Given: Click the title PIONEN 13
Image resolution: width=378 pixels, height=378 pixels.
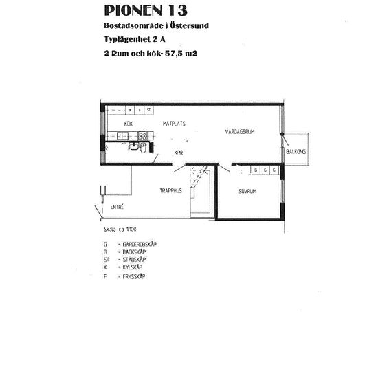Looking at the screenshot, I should coord(145,10).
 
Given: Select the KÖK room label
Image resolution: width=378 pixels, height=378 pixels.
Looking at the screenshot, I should coord(128,123).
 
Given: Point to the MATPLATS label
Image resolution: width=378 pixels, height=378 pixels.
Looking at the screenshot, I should coord(174,123).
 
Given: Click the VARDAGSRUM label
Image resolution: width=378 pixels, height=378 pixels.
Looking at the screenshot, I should coord(240,131).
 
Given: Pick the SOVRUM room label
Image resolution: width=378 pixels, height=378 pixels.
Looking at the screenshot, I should coord(247,191).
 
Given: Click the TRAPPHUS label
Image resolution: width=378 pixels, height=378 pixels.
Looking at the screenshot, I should coord(170,191).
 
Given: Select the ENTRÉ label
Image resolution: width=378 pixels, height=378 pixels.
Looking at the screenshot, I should coord(117,207).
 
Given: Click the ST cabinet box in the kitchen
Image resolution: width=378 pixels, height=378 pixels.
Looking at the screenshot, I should coord(148,109).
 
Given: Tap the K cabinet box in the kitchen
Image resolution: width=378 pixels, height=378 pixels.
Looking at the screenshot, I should coord(130,109).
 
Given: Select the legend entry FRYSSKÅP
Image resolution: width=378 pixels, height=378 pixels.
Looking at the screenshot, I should coord(130,276).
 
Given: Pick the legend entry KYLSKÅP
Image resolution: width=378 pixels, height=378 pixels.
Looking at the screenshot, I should coord(129,269).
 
